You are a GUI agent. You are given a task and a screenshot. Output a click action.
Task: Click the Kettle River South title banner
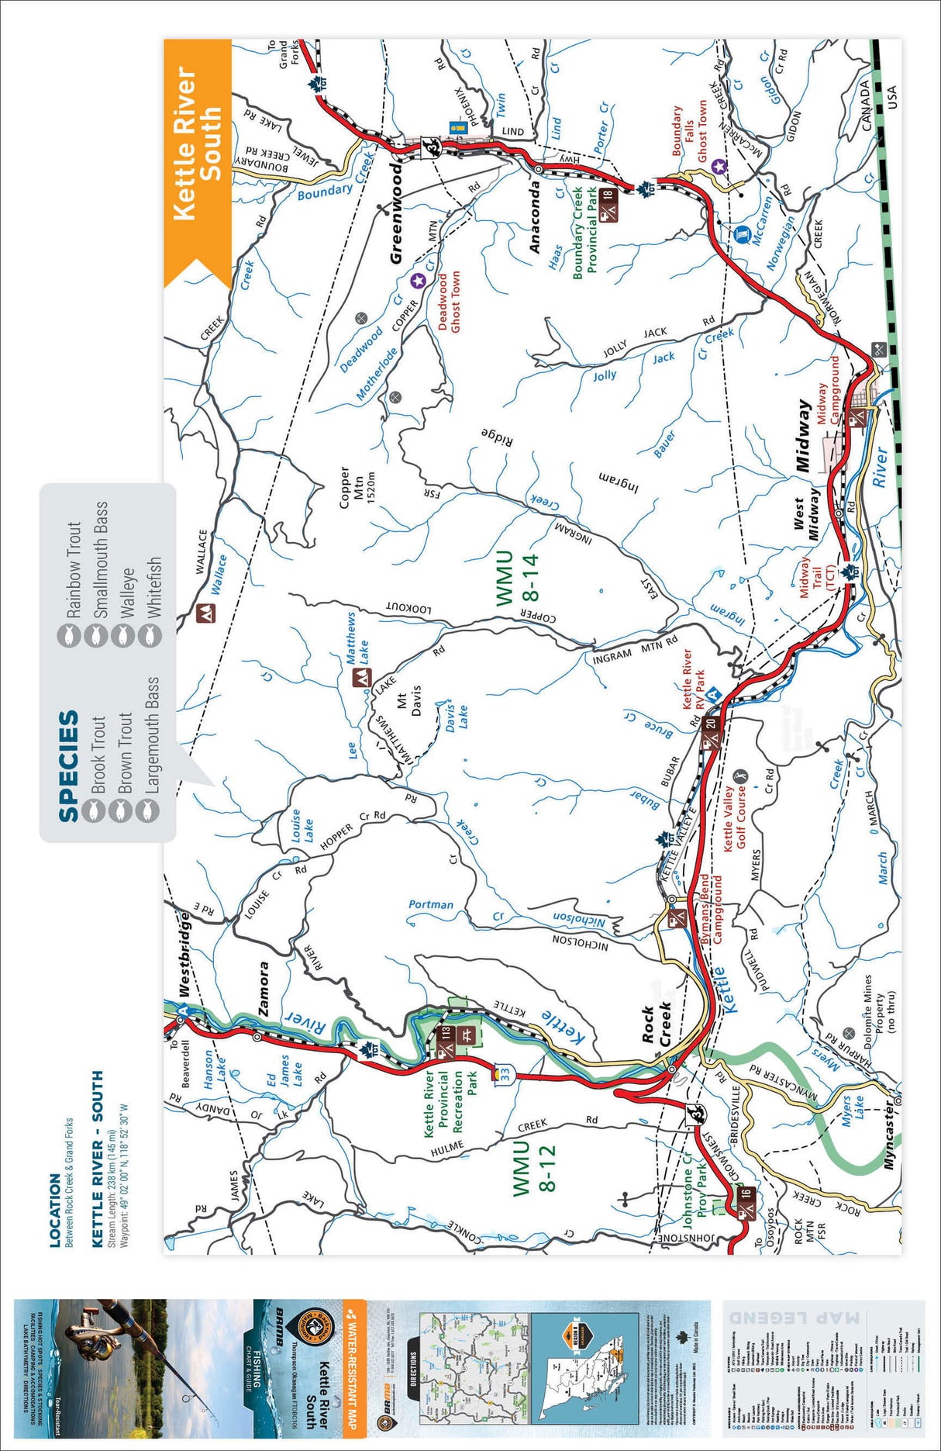click(196, 144)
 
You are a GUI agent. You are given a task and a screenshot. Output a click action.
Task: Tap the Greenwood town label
click(396, 212)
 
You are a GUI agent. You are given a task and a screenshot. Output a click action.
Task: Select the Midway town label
click(804, 435)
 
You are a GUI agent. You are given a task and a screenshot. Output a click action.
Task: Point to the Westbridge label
click(184, 953)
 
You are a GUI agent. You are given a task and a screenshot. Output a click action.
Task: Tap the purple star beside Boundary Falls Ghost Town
click(719, 165)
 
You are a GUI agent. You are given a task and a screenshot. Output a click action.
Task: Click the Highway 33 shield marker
click(505, 1074)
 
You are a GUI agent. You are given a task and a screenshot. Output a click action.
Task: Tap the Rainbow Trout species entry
click(73, 570)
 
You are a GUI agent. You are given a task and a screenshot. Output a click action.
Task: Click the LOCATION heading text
click(55, 1211)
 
